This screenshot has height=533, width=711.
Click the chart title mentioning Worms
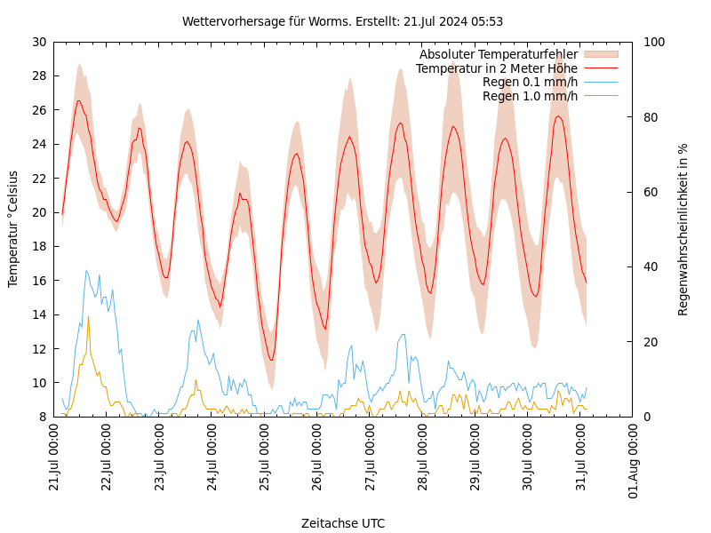pos(342,21)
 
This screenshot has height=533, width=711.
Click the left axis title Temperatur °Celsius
pos(13,228)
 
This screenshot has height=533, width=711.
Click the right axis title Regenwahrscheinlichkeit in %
pos(683,229)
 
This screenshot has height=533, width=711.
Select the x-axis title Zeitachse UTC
pos(343,523)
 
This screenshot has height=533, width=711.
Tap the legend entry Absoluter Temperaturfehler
pos(498,54)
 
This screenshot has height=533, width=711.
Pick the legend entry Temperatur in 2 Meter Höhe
pos(496,68)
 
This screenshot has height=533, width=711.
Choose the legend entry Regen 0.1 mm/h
pos(530,82)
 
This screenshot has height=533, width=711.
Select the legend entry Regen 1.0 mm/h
pos(530,96)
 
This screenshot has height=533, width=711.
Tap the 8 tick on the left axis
pos(42,417)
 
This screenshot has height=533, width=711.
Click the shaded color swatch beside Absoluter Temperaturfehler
pos(600,54)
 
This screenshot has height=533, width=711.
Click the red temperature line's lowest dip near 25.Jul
pos(271,360)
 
